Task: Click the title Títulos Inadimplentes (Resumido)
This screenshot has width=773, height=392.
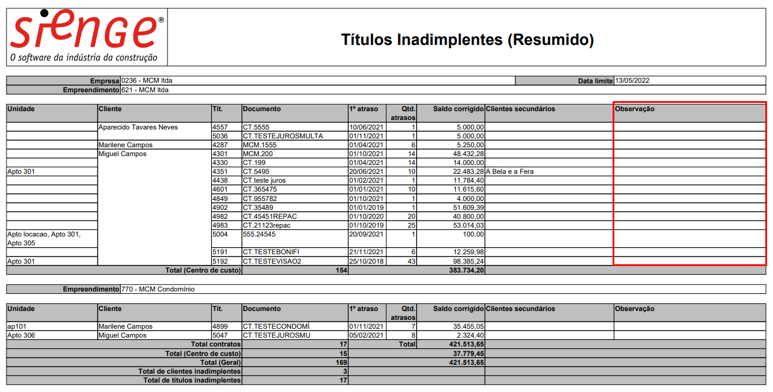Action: point(467,40)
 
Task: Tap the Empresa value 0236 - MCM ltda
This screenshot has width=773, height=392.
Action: point(147,80)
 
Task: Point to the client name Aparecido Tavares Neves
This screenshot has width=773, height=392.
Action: point(139,127)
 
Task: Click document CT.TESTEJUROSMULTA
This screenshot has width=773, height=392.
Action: point(283,136)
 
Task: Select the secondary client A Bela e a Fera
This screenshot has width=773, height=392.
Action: point(510,171)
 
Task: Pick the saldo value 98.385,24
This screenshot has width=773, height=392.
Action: point(464,261)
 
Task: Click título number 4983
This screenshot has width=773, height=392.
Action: point(220,225)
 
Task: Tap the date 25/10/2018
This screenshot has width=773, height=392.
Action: point(367,261)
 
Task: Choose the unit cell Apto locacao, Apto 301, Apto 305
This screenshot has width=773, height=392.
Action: point(44,238)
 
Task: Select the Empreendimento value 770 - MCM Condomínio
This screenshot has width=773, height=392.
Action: point(157,289)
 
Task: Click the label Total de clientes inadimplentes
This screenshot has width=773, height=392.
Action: point(189,371)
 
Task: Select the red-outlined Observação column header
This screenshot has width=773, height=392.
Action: point(634,109)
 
